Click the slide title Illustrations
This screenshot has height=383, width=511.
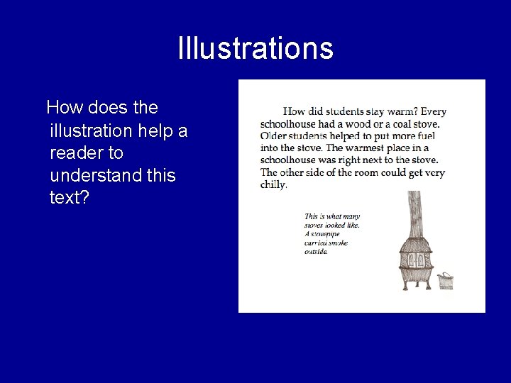(255, 48)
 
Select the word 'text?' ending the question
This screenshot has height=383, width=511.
(70, 197)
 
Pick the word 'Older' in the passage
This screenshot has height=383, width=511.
(274, 135)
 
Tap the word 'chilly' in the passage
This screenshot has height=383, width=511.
(273, 184)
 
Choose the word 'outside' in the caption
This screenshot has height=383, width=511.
(316, 252)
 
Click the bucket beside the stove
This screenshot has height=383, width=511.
(445, 281)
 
